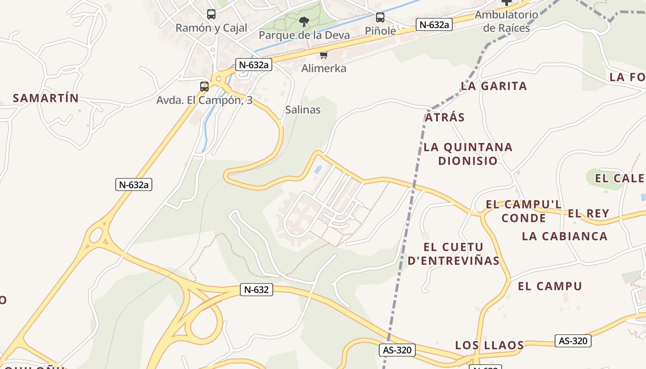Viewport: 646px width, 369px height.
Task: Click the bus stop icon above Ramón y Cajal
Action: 211,14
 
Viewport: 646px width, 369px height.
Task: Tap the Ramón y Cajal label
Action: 211,28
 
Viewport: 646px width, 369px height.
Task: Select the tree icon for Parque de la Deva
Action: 304,21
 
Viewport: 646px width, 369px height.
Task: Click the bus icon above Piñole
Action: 380,18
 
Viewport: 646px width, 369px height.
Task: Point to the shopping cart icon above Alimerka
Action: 323,55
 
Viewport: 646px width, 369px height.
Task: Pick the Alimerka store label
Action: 323,68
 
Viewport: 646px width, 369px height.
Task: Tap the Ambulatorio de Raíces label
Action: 506,21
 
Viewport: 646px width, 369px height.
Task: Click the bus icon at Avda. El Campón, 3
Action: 204,86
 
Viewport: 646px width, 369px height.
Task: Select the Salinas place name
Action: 303,110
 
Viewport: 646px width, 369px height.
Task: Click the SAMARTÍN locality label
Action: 46,98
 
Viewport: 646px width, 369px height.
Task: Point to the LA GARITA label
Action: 494,86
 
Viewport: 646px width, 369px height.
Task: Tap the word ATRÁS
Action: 445,117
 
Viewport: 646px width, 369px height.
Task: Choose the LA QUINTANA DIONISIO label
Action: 468,154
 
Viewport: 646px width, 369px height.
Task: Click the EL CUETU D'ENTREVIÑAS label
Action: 454,254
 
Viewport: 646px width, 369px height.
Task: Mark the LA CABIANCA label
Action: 565,236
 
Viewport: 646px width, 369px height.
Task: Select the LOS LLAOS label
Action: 490,345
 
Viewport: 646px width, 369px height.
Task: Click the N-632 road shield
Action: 257,290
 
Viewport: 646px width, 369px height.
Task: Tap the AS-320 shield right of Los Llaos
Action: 573,341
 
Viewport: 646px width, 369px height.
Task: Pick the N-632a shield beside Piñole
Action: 434,24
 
